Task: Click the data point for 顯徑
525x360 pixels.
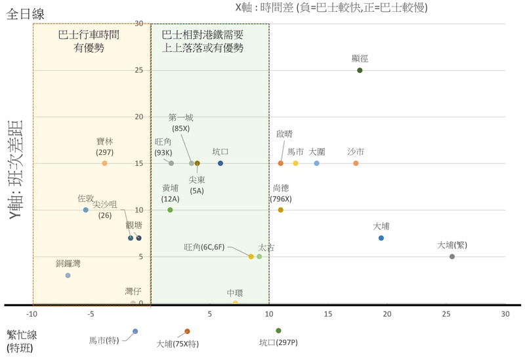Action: point(360,70)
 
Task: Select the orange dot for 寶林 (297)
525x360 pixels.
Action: point(104,163)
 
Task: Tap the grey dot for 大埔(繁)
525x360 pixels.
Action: point(452,256)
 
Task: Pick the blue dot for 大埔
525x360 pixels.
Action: point(381,238)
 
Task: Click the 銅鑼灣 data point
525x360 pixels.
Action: point(68,275)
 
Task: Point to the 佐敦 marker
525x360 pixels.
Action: point(86,210)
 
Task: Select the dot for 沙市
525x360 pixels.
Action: point(356,163)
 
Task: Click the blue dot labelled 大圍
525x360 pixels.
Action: point(317,163)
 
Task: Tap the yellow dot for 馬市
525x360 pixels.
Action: point(296,163)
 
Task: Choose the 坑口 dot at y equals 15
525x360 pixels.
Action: point(220,163)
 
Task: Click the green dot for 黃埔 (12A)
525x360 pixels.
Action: point(170,210)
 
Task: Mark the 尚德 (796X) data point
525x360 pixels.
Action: point(281,210)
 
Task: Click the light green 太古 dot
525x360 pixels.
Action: point(259,256)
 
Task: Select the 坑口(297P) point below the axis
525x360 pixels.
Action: point(278,330)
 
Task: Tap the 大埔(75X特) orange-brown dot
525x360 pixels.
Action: point(187,331)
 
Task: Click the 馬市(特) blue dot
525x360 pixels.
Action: point(135,331)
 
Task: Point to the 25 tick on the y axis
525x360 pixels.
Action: point(138,70)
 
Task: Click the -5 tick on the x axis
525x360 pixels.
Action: point(92,314)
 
